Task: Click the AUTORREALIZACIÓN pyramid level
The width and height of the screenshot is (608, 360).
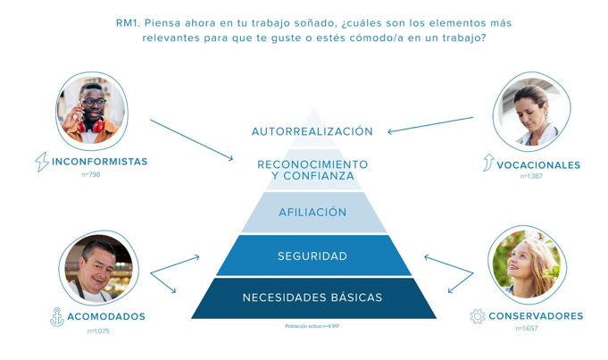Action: [312, 131]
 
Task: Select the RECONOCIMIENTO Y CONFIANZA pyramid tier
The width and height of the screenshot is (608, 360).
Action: [312, 170]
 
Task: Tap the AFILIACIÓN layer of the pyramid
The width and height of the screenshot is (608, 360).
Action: [312, 213]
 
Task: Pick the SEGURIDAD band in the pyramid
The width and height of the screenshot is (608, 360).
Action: [312, 256]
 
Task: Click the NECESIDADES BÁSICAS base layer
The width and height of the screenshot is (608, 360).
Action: [312, 297]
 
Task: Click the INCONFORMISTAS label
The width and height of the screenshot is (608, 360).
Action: [100, 162]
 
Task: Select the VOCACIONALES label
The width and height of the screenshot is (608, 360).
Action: [538, 165]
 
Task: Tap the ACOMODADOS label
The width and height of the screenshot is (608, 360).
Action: [105, 316]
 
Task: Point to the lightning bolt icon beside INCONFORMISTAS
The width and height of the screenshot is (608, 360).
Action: [41, 162]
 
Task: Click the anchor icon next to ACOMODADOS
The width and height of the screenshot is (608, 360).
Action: [56, 316]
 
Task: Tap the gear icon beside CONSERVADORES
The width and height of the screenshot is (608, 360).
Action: [477, 316]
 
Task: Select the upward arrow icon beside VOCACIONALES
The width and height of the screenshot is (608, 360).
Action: [487, 163]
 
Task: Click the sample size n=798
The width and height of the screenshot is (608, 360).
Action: [90, 175]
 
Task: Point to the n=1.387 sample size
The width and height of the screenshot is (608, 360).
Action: [531, 177]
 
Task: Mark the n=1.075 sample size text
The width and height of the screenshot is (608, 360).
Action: [98, 331]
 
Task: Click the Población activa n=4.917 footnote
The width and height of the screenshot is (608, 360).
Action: [312, 326]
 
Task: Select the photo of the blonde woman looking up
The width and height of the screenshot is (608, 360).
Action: [528, 265]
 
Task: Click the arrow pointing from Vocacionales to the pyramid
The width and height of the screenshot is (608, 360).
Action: [430, 124]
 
